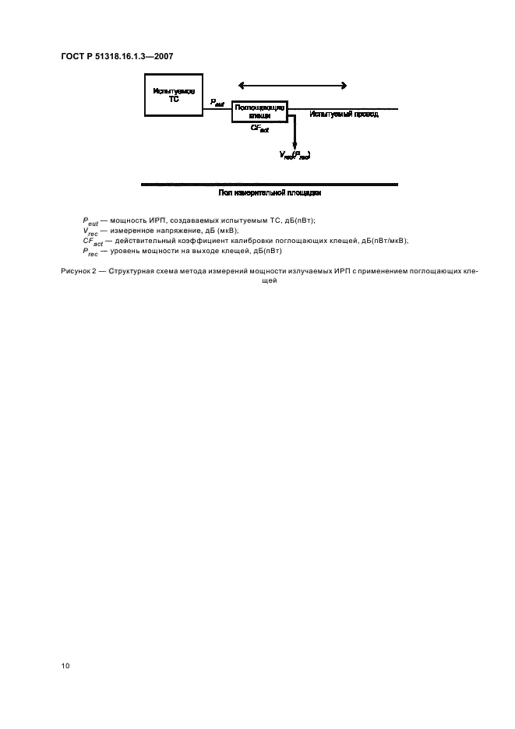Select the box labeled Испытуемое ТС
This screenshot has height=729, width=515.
[173, 96]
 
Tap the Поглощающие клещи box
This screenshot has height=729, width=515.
[259, 111]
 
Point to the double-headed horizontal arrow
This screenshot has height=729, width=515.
[292, 86]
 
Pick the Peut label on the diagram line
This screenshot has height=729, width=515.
[217, 103]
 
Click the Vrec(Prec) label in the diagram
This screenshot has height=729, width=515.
[295, 155]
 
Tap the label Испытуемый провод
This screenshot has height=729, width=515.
[344, 114]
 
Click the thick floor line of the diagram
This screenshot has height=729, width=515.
[269, 185]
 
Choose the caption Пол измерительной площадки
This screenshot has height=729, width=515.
[270, 192]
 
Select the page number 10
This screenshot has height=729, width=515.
[65, 666]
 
